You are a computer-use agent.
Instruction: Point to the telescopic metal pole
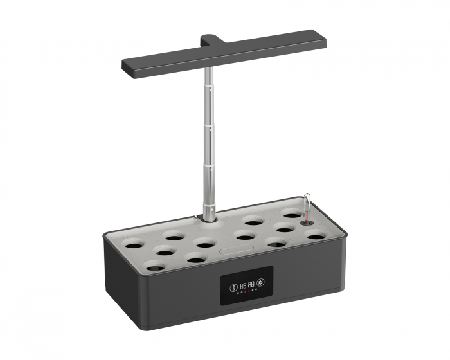pyautogui.click(x=210, y=141)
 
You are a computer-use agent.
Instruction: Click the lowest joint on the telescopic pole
pyautogui.click(x=210, y=166)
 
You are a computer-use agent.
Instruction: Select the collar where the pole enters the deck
pyautogui.click(x=210, y=219)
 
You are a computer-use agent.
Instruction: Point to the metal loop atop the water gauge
pyautogui.click(x=307, y=198)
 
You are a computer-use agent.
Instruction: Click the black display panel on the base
pyautogui.click(x=247, y=285)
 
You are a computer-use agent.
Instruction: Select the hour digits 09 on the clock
pyautogui.click(x=243, y=283)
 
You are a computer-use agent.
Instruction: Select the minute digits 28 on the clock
pyautogui.click(x=251, y=283)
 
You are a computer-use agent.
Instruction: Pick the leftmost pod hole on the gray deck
pyautogui.click(x=134, y=244)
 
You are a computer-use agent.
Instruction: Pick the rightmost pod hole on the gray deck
pyautogui.click(x=316, y=236)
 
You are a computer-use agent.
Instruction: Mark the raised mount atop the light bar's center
pyautogui.click(x=212, y=40)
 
